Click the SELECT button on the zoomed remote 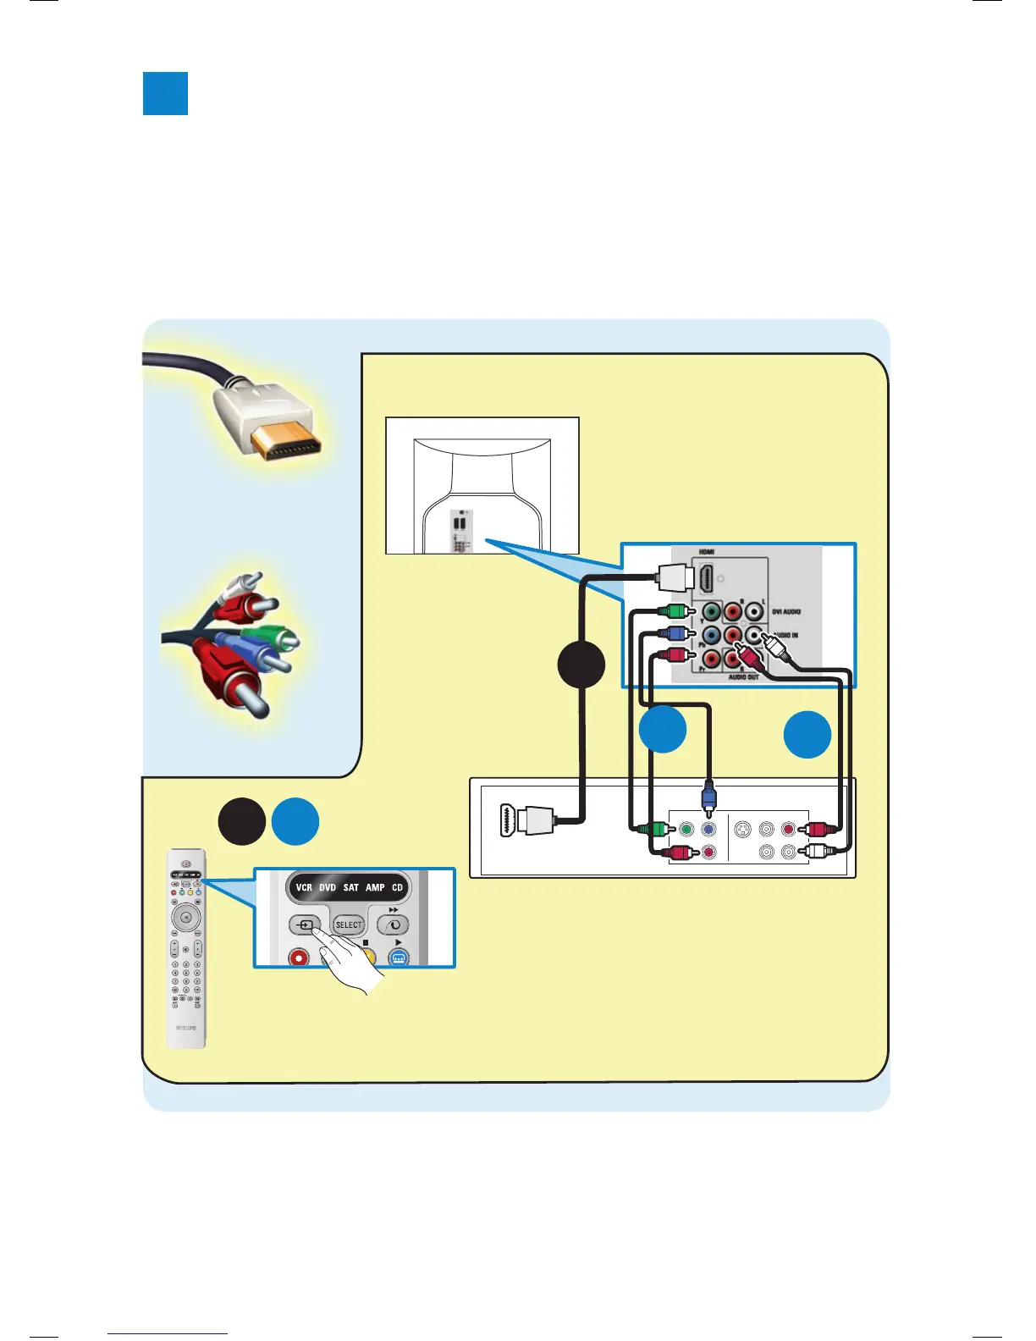(348, 924)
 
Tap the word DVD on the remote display (328, 887)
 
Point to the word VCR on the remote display (304, 887)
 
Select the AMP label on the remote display (375, 887)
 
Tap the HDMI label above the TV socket (707, 552)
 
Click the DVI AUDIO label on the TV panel (785, 611)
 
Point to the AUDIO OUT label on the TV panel (744, 677)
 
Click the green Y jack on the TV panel (711, 611)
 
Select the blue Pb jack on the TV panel (711, 634)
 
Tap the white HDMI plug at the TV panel (675, 579)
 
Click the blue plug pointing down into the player (708, 797)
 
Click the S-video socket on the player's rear (742, 830)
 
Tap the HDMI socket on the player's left (510, 819)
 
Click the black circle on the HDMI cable (581, 665)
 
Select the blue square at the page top (165, 93)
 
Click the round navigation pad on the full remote (185, 917)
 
